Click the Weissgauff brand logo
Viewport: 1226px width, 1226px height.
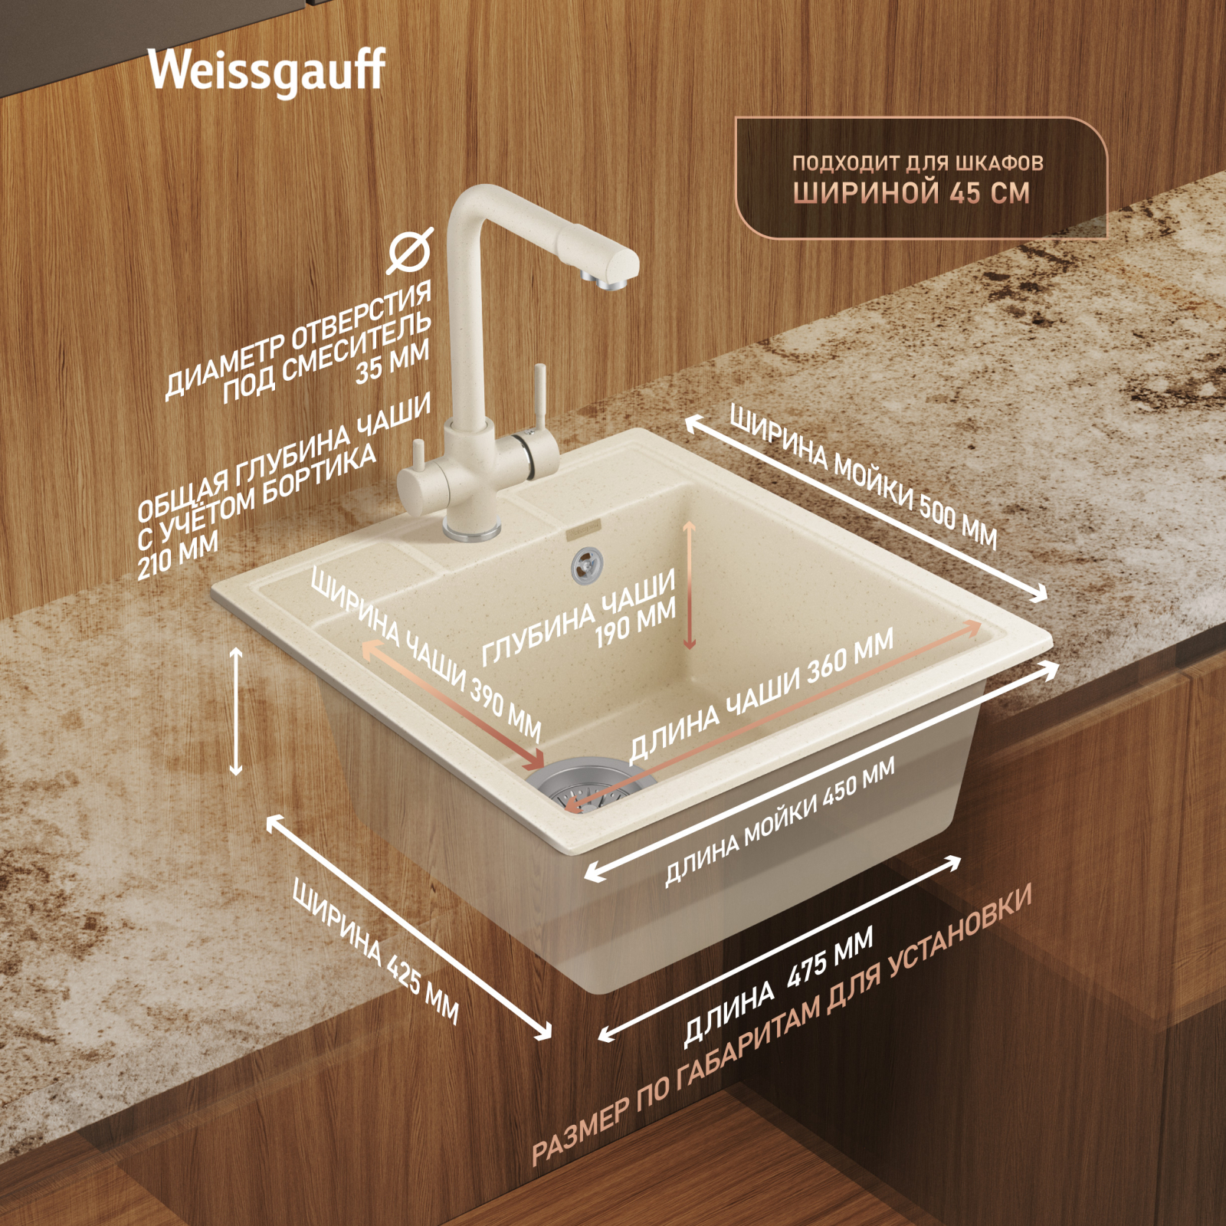[x=267, y=71]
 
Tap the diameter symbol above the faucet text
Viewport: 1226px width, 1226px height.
[x=410, y=251]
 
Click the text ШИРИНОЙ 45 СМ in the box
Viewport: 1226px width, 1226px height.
[x=911, y=192]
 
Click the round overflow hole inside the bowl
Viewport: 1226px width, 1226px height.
[x=587, y=565]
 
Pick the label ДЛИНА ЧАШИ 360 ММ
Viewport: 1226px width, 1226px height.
[x=761, y=696]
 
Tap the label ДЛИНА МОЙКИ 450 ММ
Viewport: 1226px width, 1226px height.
[x=779, y=822]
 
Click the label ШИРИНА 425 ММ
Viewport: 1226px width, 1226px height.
[x=376, y=952]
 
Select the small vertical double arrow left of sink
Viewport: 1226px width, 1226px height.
[x=236, y=711]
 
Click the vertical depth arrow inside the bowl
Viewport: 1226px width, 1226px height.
[x=689, y=585]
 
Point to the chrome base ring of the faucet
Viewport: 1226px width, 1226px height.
[x=473, y=530]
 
